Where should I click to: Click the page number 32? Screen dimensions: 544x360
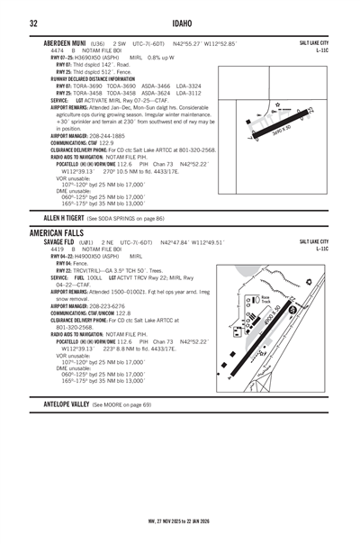[x=32, y=22]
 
